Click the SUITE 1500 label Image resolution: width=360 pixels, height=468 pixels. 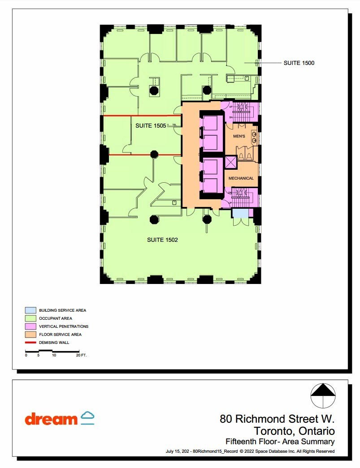(299, 63)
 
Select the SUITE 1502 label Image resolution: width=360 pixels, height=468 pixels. (162, 240)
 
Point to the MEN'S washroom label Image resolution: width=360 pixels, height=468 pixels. (239, 135)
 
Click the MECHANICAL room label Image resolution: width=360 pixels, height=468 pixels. (241, 178)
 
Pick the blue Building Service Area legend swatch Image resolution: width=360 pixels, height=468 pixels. (30, 310)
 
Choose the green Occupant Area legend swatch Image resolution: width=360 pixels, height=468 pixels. (30, 318)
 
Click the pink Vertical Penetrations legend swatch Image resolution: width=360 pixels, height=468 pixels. (30, 326)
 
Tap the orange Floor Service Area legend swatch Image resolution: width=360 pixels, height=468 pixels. (30, 334)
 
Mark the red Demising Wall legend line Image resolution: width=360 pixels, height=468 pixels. (30, 342)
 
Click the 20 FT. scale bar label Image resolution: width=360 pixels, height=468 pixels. (81, 355)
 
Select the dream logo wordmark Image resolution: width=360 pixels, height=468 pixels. (51, 419)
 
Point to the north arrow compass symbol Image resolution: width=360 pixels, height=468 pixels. (323, 396)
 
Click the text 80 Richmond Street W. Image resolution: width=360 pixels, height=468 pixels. (277, 420)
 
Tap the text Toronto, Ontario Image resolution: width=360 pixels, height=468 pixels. (294, 431)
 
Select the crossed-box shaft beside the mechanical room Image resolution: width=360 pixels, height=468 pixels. (231, 162)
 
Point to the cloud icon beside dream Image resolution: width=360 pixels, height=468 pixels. (87, 417)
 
